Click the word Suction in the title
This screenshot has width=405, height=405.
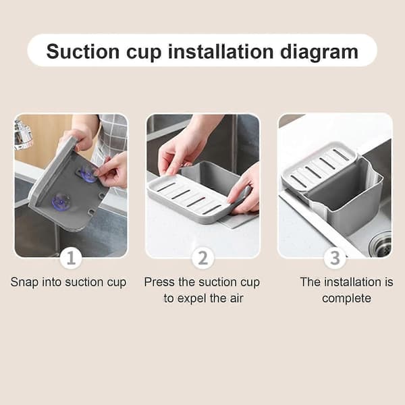(83, 52)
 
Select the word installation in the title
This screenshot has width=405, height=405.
(221, 52)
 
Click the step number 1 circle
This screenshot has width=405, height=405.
(71, 258)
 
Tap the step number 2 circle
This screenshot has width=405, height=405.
(203, 258)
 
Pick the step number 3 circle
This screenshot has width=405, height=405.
(335, 258)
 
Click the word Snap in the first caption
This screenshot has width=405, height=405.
(24, 282)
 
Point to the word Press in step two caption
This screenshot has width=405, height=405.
(159, 281)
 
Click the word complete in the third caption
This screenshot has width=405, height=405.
(347, 299)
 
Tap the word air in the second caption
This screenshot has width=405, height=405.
(236, 298)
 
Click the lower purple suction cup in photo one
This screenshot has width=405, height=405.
(61, 201)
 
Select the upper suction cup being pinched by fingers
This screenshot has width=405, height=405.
(87, 173)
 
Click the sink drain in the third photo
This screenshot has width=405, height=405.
(381, 244)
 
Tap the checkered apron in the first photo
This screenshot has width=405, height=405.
(111, 140)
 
